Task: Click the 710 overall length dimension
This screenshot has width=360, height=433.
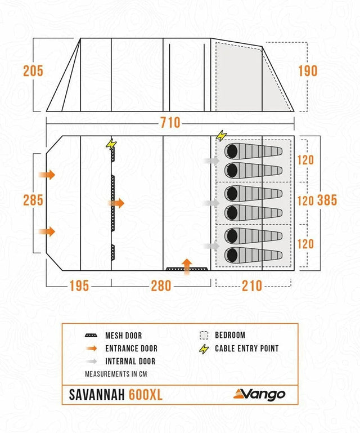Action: (170, 123)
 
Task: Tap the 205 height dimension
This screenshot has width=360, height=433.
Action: (33, 71)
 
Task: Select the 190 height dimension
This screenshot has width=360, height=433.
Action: (307, 71)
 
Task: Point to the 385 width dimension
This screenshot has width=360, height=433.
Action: (327, 200)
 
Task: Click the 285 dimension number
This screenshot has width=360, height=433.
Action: (33, 200)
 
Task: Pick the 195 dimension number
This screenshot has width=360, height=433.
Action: (79, 285)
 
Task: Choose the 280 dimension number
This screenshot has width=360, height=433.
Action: (161, 285)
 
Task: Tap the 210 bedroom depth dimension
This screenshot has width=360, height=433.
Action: (252, 285)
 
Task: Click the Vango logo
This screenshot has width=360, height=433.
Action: (260, 394)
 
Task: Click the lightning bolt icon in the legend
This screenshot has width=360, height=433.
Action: (204, 349)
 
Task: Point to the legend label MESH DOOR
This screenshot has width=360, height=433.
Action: (124, 336)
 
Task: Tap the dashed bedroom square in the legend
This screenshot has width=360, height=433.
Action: (204, 335)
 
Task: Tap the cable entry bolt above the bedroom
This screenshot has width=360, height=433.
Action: (221, 136)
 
